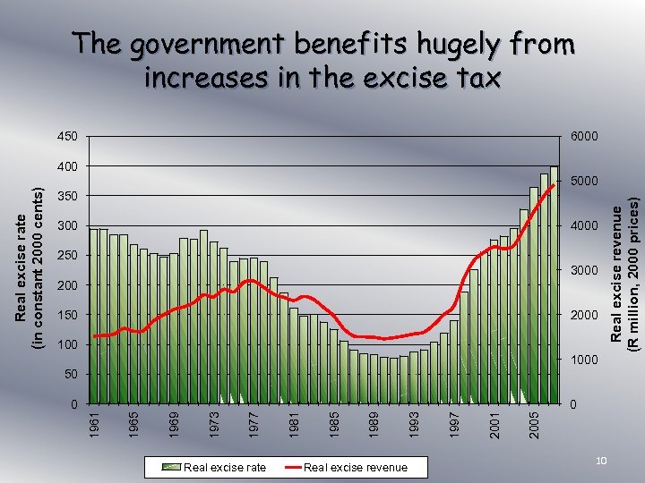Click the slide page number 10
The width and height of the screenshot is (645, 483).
[603, 460]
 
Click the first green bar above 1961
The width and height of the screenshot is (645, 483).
[94, 318]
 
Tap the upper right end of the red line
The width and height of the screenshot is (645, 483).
[554, 185]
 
